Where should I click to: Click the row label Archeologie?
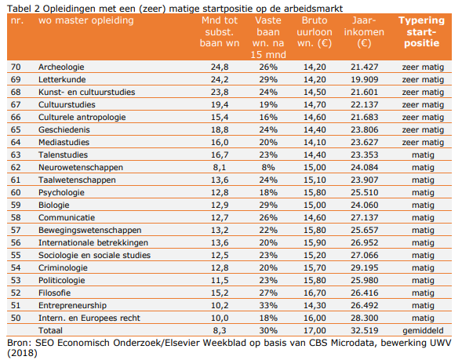tap(62, 68)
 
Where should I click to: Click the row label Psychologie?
tap(61, 192)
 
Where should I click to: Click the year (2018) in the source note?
tap(19, 353)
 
